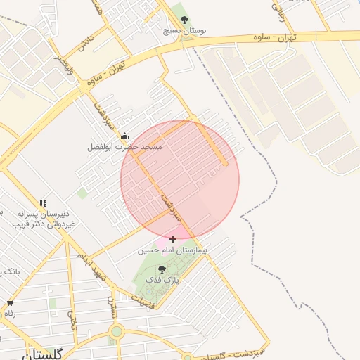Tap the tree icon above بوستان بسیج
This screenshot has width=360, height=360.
point(185,20)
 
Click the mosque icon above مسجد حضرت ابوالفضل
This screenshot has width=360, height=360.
point(125,136)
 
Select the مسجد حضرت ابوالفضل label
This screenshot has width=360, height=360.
point(124,147)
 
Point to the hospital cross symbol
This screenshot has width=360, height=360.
point(172,239)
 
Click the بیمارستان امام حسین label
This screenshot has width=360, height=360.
point(173,250)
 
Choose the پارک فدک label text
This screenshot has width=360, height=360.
point(162,279)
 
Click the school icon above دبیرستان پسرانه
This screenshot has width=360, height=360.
point(44,202)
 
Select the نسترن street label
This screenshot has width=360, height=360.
point(111,304)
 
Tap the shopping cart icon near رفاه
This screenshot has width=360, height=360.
point(9,303)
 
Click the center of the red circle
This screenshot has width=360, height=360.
point(180,180)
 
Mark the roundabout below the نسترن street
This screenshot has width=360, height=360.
point(116,330)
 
